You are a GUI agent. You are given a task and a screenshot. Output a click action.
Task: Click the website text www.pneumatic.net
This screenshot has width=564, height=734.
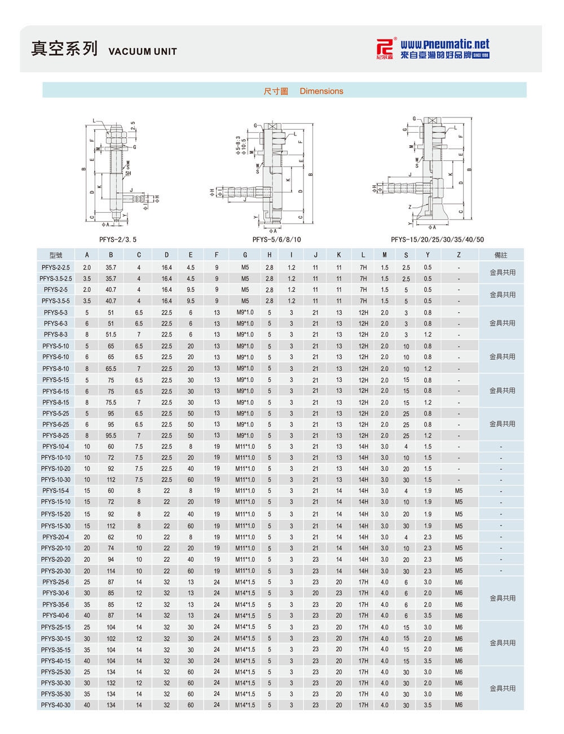point(444,44)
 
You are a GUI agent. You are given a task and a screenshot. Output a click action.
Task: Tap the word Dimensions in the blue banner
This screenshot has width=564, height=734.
point(321,91)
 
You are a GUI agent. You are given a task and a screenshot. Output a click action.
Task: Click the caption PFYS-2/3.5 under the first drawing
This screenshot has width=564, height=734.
point(117,239)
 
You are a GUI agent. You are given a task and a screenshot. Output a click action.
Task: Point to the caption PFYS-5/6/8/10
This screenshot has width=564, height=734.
point(276,239)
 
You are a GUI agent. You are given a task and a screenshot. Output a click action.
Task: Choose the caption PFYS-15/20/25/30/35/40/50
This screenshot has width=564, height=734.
point(437,239)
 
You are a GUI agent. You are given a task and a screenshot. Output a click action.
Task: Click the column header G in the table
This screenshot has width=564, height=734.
point(245,255)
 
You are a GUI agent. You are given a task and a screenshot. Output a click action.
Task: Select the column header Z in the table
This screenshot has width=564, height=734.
point(459,255)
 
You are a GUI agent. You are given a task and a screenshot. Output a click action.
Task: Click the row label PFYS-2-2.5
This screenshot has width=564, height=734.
point(56,267)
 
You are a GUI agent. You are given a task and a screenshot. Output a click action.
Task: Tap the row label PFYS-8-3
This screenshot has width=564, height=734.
point(56,335)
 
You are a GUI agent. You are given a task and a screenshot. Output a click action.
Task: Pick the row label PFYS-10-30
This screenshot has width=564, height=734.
point(56,480)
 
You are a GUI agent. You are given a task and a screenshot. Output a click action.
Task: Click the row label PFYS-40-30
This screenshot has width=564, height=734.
point(56,705)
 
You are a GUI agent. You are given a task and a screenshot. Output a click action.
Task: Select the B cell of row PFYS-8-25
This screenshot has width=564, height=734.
point(111,436)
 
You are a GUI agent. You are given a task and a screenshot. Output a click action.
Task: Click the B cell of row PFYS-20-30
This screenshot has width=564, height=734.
point(111,571)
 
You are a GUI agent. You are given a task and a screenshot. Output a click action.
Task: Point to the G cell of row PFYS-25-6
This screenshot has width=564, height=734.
point(245,582)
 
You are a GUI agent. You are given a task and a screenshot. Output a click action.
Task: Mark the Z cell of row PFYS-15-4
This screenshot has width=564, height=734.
point(459,491)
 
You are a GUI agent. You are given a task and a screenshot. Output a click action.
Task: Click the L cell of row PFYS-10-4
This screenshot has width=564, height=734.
point(363,447)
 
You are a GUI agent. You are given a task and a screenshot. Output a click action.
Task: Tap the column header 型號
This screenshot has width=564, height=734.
point(56,255)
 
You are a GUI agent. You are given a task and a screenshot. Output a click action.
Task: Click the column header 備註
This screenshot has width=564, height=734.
point(501,255)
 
